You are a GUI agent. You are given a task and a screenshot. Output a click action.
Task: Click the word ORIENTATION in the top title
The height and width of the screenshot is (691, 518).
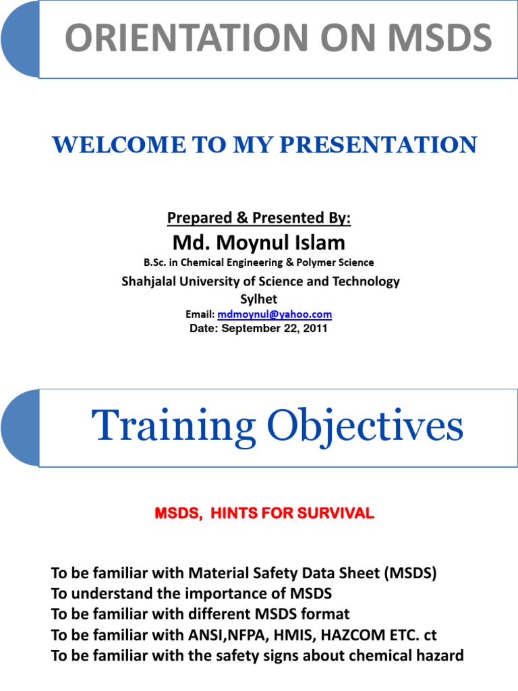[x=187, y=38]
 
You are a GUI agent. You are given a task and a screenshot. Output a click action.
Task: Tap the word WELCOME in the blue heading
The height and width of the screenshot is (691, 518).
[x=119, y=145]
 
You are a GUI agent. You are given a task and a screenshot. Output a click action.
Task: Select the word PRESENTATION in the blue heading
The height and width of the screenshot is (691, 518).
[x=378, y=145]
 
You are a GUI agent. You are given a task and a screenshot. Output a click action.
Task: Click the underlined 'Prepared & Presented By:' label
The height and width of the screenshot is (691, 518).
[x=258, y=218]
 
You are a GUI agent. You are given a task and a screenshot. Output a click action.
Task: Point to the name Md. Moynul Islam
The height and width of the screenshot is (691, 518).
[x=258, y=242]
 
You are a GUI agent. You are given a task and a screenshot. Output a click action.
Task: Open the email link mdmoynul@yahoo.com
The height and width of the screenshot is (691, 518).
[x=275, y=314]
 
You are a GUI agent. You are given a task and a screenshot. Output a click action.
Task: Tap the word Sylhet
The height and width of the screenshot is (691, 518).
[x=258, y=299]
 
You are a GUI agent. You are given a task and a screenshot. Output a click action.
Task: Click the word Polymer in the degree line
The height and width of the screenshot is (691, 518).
[x=315, y=262]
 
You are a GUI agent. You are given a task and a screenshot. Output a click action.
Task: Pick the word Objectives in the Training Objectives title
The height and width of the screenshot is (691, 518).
[x=365, y=425]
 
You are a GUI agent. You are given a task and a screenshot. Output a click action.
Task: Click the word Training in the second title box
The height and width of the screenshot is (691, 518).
[x=173, y=426]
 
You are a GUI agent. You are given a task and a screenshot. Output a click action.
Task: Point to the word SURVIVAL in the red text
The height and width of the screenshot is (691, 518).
[x=335, y=513]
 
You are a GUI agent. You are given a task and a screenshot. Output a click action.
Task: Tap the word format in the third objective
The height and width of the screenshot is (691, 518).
[x=325, y=614]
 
